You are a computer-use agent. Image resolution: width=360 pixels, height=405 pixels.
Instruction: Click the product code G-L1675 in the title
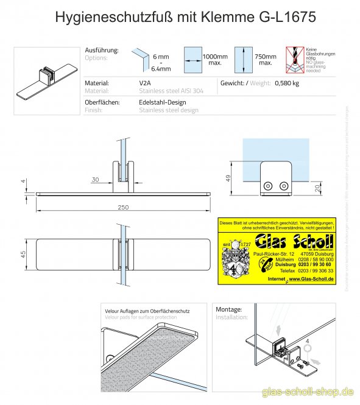(x=283, y=18)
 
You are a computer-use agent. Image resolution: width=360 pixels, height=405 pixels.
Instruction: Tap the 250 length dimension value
(x=124, y=208)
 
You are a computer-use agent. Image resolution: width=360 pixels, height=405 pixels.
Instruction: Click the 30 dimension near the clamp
(x=95, y=179)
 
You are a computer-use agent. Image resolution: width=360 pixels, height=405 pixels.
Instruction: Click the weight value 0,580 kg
(x=287, y=83)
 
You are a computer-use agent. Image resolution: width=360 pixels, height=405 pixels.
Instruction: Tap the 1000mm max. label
(x=214, y=59)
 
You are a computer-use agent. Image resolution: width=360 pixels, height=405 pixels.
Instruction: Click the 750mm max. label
(x=266, y=59)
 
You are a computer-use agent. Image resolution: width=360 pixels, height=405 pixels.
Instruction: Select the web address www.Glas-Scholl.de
(x=311, y=278)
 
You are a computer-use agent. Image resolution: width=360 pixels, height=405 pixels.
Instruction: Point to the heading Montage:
(x=229, y=309)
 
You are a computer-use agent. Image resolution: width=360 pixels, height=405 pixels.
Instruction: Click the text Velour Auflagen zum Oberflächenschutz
(x=147, y=311)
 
